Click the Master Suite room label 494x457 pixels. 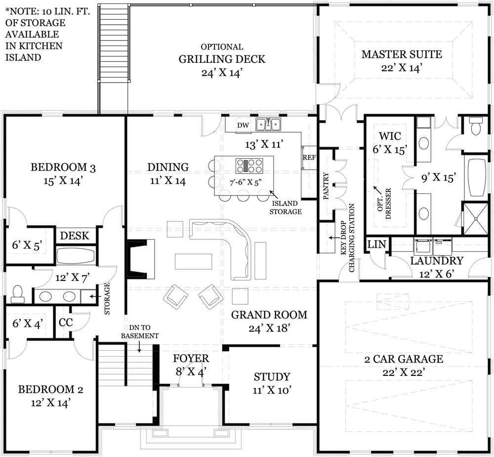point(401,54)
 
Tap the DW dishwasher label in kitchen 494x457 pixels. point(242,125)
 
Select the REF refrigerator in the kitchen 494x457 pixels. point(309,158)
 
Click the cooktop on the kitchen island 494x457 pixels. point(248,165)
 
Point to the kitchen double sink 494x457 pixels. point(268,125)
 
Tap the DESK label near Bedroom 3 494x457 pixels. point(75,235)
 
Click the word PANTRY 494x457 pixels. point(326,186)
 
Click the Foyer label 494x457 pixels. point(192,359)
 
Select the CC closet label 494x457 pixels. point(66,322)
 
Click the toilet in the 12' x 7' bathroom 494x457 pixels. point(18,293)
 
